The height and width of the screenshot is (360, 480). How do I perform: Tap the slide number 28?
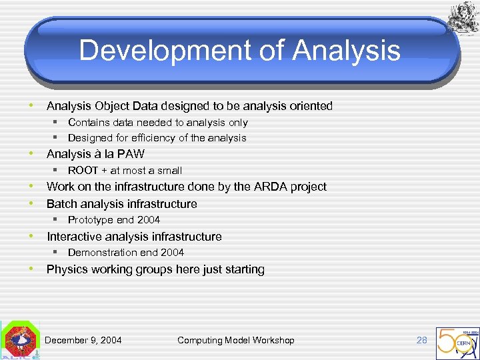click(x=421, y=340)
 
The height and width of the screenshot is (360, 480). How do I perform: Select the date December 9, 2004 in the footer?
click(x=83, y=340)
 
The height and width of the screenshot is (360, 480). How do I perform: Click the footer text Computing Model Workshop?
click(x=235, y=340)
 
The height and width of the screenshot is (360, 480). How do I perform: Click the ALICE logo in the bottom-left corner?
click(x=19, y=341)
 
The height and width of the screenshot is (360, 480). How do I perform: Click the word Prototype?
click(x=90, y=220)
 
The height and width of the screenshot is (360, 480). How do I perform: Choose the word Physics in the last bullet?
click(x=67, y=269)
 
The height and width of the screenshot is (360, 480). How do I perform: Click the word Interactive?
click(x=73, y=237)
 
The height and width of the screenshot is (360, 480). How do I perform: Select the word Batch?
click(x=61, y=204)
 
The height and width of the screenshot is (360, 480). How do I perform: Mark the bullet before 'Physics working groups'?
click(x=31, y=269)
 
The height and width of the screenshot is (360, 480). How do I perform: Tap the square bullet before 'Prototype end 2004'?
click(x=57, y=219)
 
